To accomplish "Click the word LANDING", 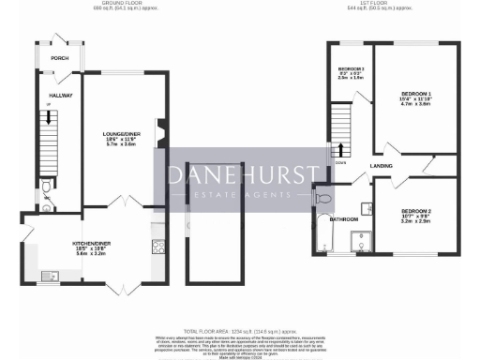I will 382,166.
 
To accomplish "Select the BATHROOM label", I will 343,218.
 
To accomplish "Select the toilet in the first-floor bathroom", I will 325,198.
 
